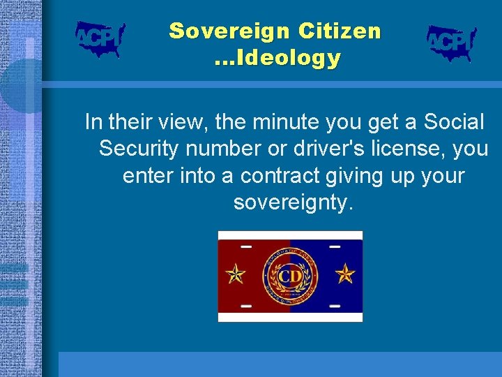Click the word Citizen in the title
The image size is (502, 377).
[340, 31]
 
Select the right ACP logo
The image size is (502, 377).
[451, 43]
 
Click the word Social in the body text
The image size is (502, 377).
[450, 123]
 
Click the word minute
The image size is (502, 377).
[275, 123]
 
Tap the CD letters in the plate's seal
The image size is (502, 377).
[290, 276]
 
